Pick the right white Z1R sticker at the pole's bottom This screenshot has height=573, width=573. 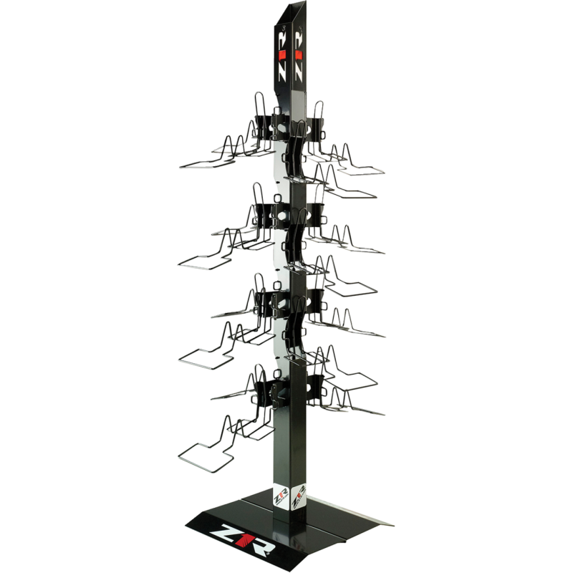[x=298, y=496]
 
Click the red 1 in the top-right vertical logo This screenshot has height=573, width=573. [x=299, y=55]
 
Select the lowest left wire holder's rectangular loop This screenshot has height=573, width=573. [x=206, y=457]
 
